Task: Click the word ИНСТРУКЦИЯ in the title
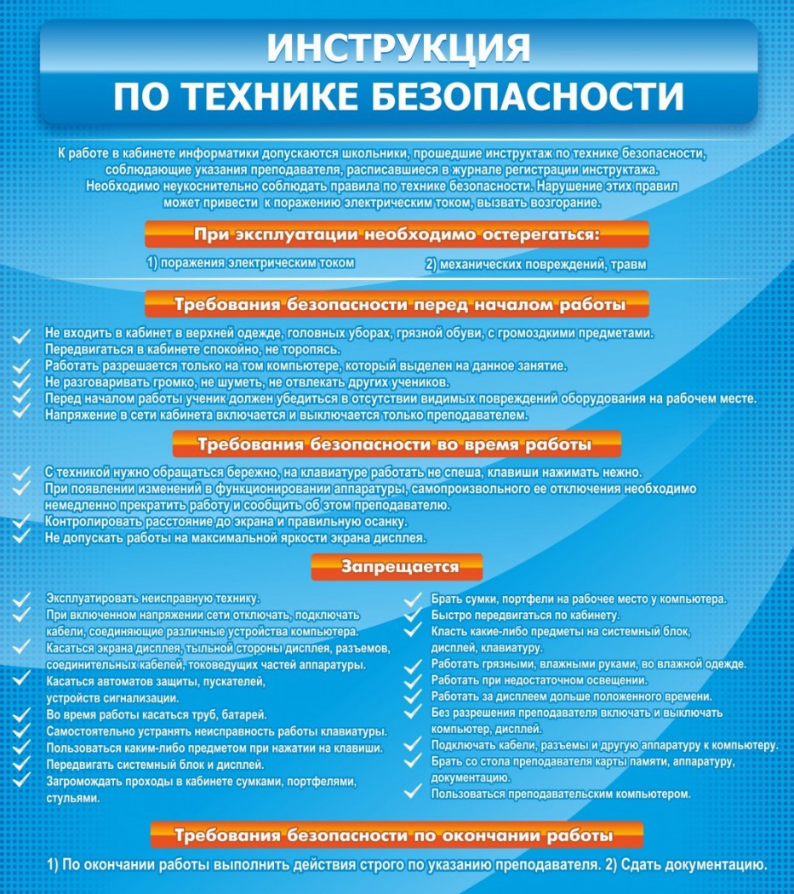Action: (x=397, y=49)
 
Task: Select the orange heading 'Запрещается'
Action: (x=397, y=567)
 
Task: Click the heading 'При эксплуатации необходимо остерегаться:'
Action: (x=397, y=234)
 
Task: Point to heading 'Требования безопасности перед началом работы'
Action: (x=397, y=304)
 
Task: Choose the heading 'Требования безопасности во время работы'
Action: (x=397, y=444)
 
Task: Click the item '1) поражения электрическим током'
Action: (x=251, y=263)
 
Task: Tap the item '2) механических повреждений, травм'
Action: (x=535, y=265)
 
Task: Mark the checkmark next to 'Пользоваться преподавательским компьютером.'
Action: (x=413, y=794)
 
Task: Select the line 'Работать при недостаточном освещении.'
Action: (x=540, y=680)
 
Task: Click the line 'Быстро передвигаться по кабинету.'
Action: (x=525, y=615)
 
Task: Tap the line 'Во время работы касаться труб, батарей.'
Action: (x=157, y=713)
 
